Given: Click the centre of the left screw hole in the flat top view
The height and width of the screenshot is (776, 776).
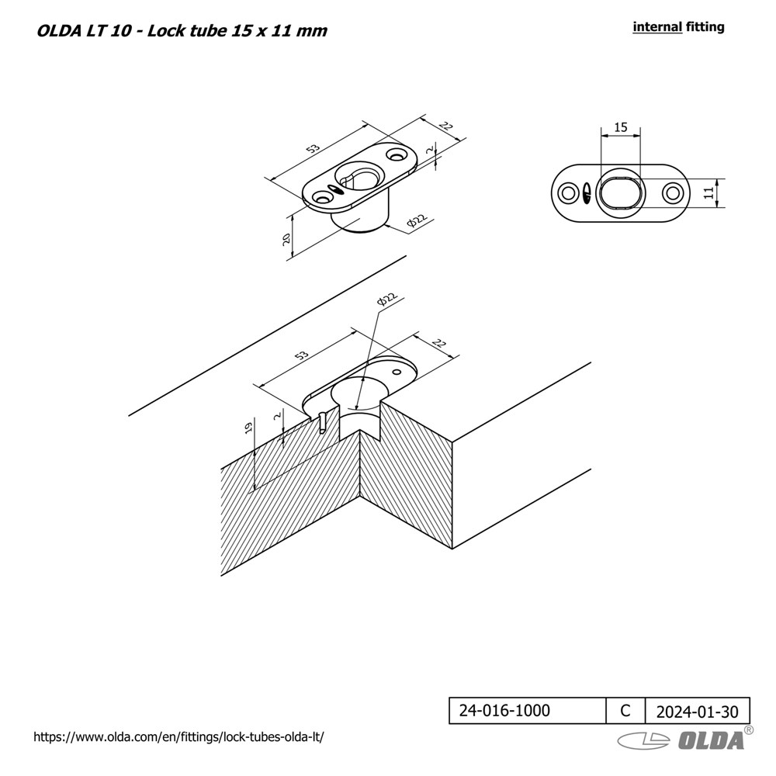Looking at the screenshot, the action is click(x=567, y=193).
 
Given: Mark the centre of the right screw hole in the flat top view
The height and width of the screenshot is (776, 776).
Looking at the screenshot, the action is click(x=671, y=193).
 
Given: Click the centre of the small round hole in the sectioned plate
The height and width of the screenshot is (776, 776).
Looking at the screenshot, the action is click(x=396, y=371).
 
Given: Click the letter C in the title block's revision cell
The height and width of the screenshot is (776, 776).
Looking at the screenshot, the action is click(x=625, y=711).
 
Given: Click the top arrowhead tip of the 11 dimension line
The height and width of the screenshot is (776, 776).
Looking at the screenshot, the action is click(x=717, y=179).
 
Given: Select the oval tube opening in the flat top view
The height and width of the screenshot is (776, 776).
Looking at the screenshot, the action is click(x=619, y=193).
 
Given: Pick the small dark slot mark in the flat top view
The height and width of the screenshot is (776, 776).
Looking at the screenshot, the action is click(x=587, y=193).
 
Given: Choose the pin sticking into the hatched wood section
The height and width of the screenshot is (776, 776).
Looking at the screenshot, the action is click(x=323, y=422).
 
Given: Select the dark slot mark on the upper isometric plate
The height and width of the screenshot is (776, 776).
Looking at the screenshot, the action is click(x=337, y=189).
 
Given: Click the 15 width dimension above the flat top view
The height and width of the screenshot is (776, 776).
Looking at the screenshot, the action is click(x=621, y=127).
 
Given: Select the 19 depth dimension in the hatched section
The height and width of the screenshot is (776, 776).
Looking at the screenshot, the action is click(x=249, y=427).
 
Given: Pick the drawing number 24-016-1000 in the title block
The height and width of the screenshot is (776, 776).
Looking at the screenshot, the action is click(x=504, y=711).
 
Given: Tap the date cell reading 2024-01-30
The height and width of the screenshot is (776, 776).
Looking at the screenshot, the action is click(x=698, y=711).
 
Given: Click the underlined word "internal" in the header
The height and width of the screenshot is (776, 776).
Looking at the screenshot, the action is click(x=658, y=26).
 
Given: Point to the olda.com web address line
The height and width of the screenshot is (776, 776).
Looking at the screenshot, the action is click(x=178, y=737).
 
